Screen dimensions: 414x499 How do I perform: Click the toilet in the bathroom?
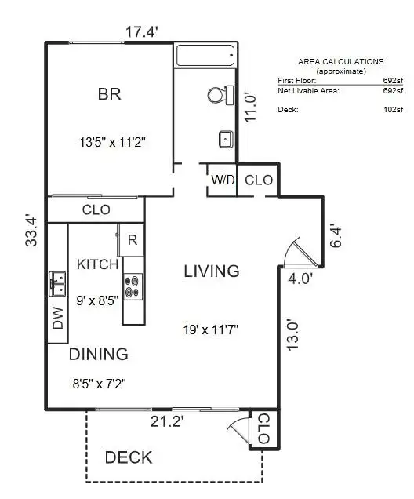220,95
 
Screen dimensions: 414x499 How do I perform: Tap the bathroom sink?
226,140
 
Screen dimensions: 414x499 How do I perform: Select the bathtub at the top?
205,56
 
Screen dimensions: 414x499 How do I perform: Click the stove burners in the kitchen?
133,286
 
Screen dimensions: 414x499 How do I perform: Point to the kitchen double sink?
57,284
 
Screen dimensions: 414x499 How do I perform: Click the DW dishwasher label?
58,318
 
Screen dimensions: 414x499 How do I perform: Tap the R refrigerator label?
133,240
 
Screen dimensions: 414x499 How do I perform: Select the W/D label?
223,180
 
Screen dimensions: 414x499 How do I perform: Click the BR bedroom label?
110,94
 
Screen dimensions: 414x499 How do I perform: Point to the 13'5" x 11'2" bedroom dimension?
112,142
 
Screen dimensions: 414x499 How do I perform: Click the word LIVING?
212,271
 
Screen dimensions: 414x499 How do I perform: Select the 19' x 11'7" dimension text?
210,330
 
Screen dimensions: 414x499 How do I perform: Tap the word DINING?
99,354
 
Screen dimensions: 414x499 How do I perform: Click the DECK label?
129,457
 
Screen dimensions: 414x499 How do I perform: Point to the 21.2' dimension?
166,422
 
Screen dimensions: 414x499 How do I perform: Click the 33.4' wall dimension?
31,231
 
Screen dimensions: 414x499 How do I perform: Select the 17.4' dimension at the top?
142,32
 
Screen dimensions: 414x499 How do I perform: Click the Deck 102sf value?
393,110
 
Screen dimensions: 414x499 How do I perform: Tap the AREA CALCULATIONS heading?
341,62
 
